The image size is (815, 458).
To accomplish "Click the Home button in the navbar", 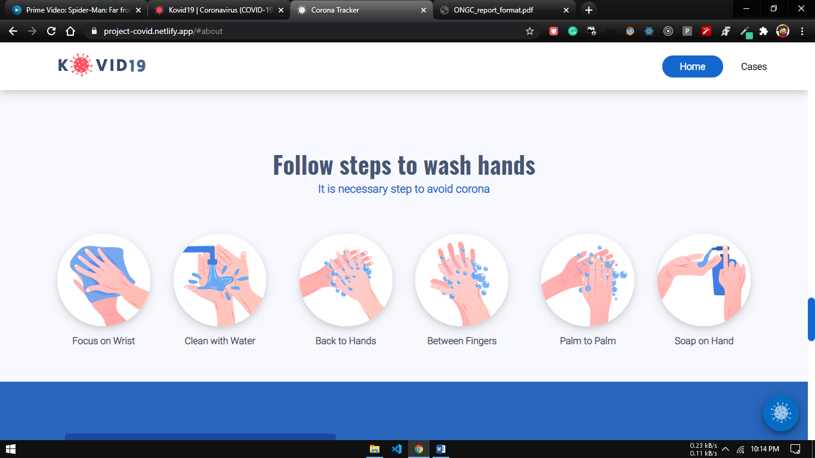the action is [x=692, y=67].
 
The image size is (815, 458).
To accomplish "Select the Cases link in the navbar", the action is [x=754, y=67].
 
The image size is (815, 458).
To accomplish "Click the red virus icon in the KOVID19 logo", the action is [x=81, y=65].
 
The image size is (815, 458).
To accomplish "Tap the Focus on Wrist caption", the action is [x=103, y=341].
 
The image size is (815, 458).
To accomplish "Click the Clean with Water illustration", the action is [x=220, y=280].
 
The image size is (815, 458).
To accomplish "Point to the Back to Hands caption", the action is [x=345, y=341].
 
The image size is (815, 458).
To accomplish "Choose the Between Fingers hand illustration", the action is [x=462, y=280].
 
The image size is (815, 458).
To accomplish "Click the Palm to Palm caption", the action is [x=588, y=341].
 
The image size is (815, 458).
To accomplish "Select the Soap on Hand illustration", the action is [x=703, y=280].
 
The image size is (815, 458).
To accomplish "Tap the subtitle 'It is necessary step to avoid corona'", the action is [x=404, y=189].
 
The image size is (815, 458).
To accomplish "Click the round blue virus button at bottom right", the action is [x=781, y=413].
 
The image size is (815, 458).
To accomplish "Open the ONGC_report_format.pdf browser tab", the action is [x=504, y=10].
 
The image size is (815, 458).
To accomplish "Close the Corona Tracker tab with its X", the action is [x=424, y=10].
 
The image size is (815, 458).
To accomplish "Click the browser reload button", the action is [x=51, y=31].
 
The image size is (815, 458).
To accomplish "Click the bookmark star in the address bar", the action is [x=530, y=31].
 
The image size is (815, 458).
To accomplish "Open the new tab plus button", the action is [x=589, y=10].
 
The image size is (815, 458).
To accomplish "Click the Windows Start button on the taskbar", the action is [x=11, y=449].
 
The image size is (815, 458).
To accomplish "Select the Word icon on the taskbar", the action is [x=440, y=449].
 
